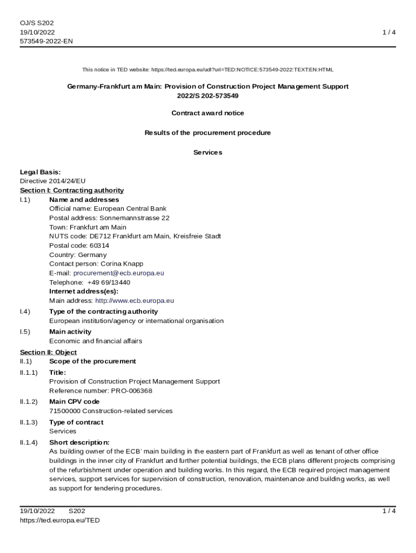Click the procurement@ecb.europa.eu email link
118,273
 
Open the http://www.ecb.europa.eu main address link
135,301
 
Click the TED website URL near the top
242,70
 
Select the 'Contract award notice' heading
207,113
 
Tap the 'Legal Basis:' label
40,172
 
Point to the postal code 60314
99,246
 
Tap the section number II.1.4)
29,443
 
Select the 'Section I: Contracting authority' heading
72,191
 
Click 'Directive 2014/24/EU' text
52,181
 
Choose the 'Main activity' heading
70,332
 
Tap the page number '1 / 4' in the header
389,32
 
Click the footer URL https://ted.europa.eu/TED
59,521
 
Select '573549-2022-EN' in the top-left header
46,41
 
